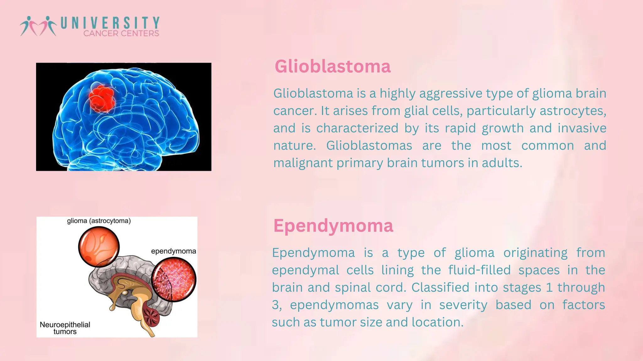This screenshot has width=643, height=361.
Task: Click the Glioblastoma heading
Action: (x=332, y=67)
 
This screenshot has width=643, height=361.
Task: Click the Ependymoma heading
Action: (x=333, y=226)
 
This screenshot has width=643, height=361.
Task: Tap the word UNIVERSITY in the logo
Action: (x=110, y=23)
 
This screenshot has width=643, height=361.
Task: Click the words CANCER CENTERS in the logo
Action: (x=121, y=34)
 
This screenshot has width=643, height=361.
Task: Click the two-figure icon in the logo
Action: (x=38, y=26)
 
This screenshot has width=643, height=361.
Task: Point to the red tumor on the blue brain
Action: (x=101, y=98)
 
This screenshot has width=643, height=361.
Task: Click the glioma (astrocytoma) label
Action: (x=99, y=221)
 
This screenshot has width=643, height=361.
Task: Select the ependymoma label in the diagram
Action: (x=173, y=251)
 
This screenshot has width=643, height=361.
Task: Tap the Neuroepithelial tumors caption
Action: (x=65, y=328)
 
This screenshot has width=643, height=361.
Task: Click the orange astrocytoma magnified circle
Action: (x=99, y=247)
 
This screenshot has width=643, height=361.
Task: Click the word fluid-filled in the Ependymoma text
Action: (x=479, y=270)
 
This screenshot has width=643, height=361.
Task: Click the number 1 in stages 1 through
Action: (x=549, y=288)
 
